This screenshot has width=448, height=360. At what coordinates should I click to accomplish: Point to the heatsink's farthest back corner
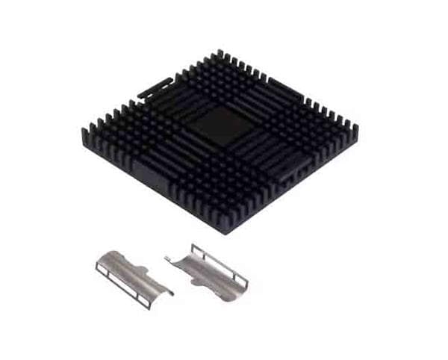point(220,52)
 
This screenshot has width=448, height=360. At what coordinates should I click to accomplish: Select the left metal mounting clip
point(131,276)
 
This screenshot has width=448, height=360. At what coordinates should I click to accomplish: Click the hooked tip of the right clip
point(168,258)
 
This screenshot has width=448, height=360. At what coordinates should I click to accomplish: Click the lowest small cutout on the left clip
point(143,301)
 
